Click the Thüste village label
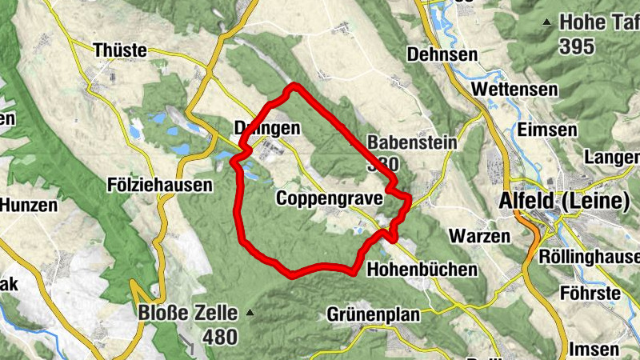click(x=120, y=50)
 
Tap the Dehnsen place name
click(x=442, y=54)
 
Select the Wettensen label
click(x=514, y=89)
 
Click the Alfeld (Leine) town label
click(x=563, y=202)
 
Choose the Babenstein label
click(x=412, y=142)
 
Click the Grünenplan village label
click(x=373, y=315)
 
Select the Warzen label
click(x=479, y=237)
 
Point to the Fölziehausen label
click(x=159, y=186)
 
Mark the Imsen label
click(x=593, y=349)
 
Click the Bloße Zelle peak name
click(x=189, y=313)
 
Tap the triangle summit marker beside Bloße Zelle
click(x=250, y=312)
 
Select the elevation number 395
click(x=577, y=46)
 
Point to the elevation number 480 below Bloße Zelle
click(x=219, y=337)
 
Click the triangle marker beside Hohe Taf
click(x=547, y=22)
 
